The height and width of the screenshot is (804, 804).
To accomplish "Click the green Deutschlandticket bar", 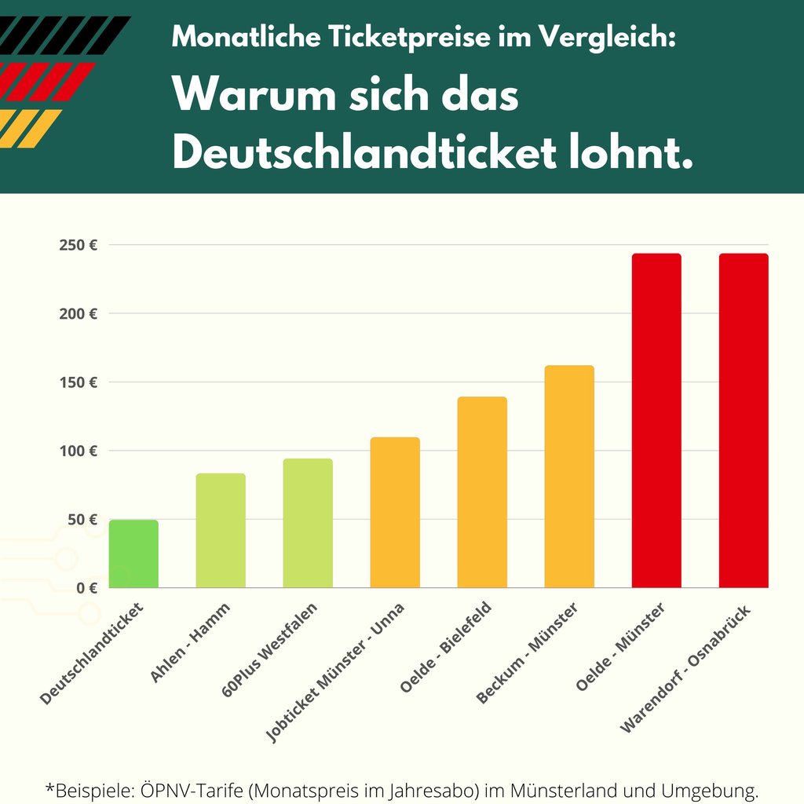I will pos(133,554).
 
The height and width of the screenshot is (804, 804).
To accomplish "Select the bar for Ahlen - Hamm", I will pos(221,531).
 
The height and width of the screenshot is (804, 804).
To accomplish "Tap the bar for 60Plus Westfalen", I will pos(308,524).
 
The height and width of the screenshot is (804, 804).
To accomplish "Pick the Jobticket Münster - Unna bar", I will pos(395,513).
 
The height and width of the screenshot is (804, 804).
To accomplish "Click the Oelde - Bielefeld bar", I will pos(482,492).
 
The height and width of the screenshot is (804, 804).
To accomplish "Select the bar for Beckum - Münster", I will pos(569,477).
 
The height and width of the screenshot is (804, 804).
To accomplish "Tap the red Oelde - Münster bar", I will pos(656,421).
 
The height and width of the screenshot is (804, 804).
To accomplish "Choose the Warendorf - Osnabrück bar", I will pos(744,421).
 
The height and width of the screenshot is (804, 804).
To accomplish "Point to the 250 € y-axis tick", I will pos(78,245).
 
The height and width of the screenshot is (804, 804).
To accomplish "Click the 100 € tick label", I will pos(78,451).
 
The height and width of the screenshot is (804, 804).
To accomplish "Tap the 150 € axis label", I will pos(78,382).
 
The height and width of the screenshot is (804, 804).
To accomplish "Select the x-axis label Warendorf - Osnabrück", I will pos(685,668).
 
